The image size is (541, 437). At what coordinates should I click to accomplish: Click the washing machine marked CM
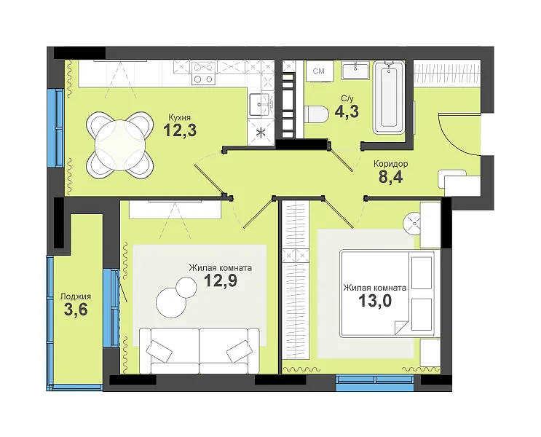tap(320, 71)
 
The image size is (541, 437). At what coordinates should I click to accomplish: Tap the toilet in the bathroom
tap(317, 114)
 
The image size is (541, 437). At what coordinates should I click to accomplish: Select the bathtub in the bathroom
tap(389, 98)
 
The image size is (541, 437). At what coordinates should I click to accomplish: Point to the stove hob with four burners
tap(203, 73)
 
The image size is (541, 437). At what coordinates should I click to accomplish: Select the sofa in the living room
tap(199, 350)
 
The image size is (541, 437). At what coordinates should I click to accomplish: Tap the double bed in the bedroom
tap(387, 293)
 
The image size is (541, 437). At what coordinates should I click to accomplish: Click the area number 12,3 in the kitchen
tap(180, 130)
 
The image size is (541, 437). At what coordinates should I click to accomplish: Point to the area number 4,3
tap(347, 111)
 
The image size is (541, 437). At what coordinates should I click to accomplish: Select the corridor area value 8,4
tap(390, 177)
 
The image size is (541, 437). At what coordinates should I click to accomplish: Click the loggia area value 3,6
tap(76, 310)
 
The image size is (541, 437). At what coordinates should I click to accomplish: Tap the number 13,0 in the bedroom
tap(375, 301)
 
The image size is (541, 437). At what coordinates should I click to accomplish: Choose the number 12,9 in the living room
tap(221, 280)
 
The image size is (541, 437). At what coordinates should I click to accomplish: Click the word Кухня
tap(179, 118)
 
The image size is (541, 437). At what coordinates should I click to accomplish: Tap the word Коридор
tap(390, 164)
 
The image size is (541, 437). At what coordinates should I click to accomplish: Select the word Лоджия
tap(76, 296)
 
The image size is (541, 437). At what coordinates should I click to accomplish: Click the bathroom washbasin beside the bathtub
tap(355, 71)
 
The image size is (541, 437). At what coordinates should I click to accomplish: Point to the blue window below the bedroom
tap(375, 383)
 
